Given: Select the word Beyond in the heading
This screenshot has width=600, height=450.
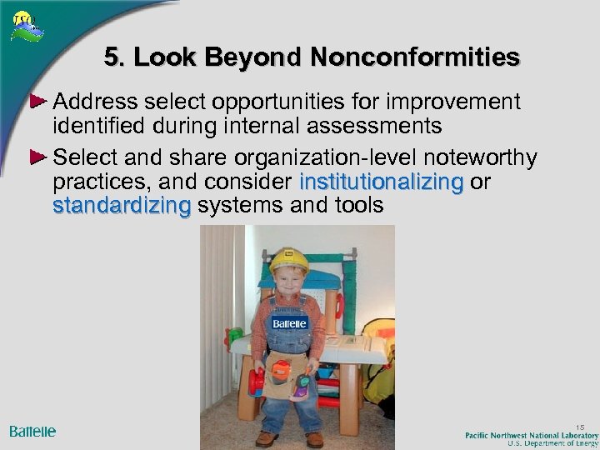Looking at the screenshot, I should pos(261,57).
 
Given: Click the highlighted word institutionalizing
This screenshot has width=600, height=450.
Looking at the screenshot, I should pos(381,182).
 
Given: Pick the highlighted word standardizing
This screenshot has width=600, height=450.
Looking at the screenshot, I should pos(121,205).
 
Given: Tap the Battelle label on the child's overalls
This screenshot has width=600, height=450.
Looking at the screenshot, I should pos(289,322).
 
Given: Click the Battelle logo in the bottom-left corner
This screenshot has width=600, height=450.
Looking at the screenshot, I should pos(32,431).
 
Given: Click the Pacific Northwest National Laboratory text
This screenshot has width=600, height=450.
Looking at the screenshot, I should pos(532,435).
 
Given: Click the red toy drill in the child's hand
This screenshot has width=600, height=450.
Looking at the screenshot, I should pos(257,381).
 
